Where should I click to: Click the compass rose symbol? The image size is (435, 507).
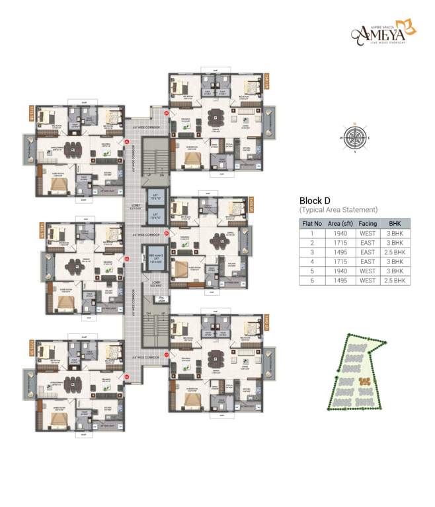coord(355,138)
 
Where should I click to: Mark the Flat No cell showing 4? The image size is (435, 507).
coord(312,261)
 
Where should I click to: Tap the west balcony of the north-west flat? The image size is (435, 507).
coord(28,148)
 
